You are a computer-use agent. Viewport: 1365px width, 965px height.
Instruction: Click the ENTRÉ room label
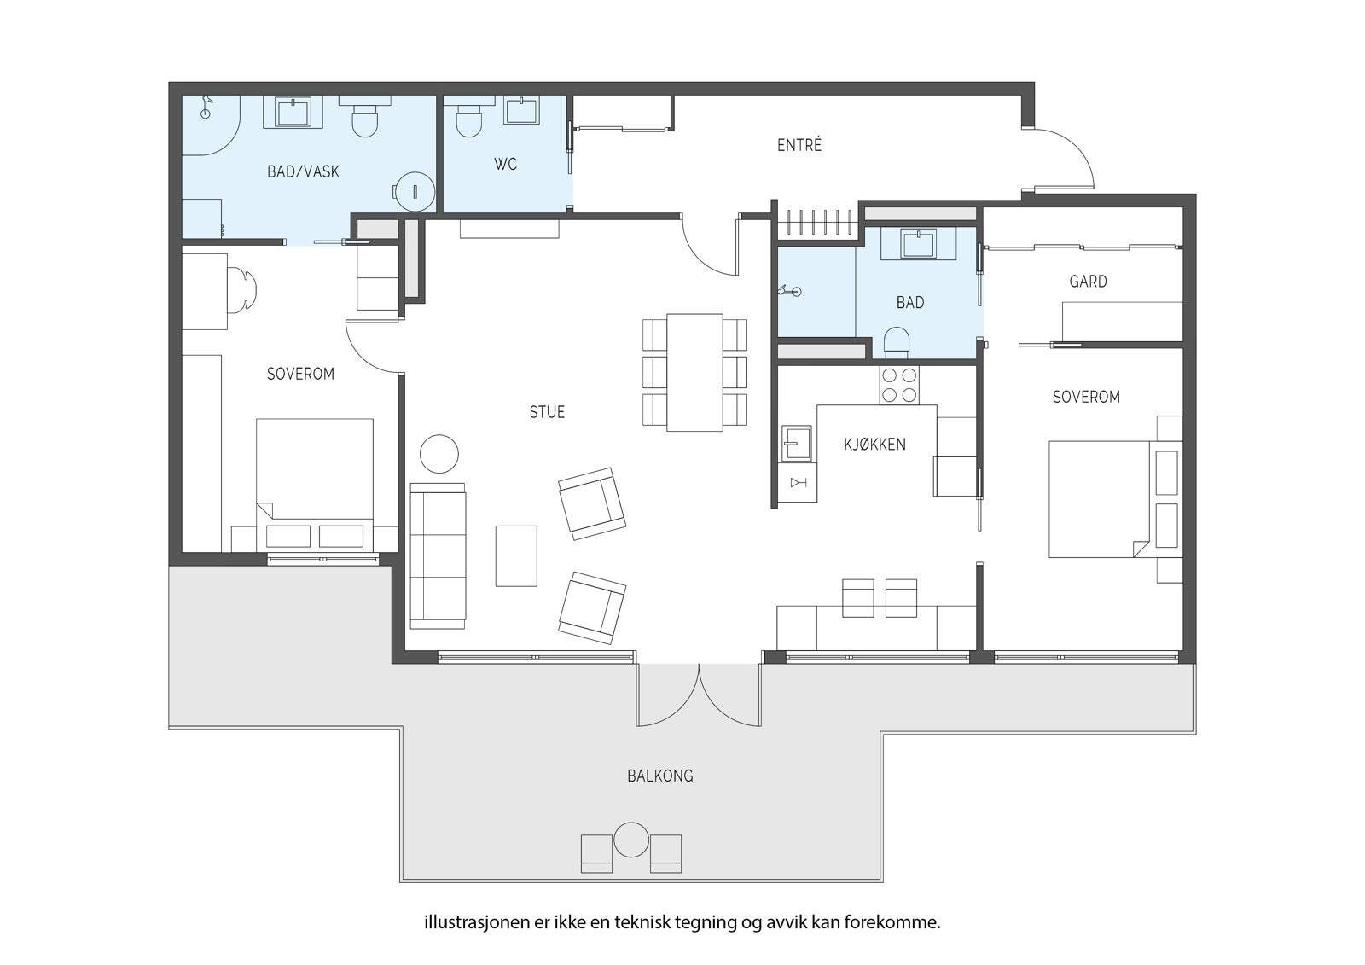click(799, 145)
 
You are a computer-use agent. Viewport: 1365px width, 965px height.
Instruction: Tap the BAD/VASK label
click(303, 171)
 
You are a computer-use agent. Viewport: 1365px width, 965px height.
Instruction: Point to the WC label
click(505, 164)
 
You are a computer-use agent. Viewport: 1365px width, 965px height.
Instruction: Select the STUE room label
click(547, 412)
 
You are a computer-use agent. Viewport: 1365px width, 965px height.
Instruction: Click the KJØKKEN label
click(874, 445)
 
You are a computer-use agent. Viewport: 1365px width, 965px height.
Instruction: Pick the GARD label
click(1088, 282)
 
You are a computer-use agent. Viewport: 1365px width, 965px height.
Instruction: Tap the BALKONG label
click(660, 776)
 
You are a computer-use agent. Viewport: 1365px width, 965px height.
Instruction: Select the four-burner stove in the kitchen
click(899, 386)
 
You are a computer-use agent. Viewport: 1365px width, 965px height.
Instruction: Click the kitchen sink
click(797, 443)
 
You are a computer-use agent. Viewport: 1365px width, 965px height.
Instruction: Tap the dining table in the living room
click(694, 372)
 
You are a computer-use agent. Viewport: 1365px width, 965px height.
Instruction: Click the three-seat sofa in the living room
click(439, 555)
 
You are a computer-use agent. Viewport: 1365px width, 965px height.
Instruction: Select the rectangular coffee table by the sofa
click(516, 556)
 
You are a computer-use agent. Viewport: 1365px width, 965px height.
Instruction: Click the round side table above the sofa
click(439, 453)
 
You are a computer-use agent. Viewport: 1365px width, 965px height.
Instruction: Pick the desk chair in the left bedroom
click(242, 290)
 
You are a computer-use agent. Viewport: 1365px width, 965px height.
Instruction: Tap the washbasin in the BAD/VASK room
click(293, 112)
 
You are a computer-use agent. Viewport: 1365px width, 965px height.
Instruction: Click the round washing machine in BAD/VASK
click(414, 191)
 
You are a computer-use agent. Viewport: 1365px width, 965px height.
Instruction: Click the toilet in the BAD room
click(896, 342)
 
